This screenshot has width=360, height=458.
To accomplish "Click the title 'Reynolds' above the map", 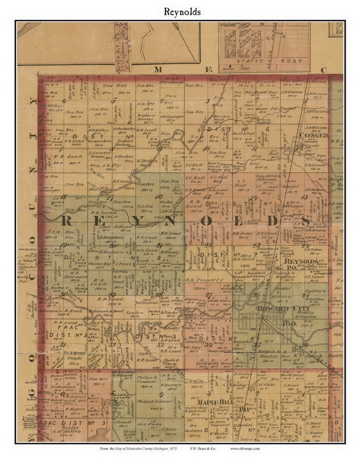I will pyautogui.click(x=180, y=12).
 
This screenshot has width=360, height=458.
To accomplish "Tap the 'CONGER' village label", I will pyautogui.click(x=316, y=135).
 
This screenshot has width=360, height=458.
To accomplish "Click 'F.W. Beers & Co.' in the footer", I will pyautogui.click(x=202, y=448).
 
